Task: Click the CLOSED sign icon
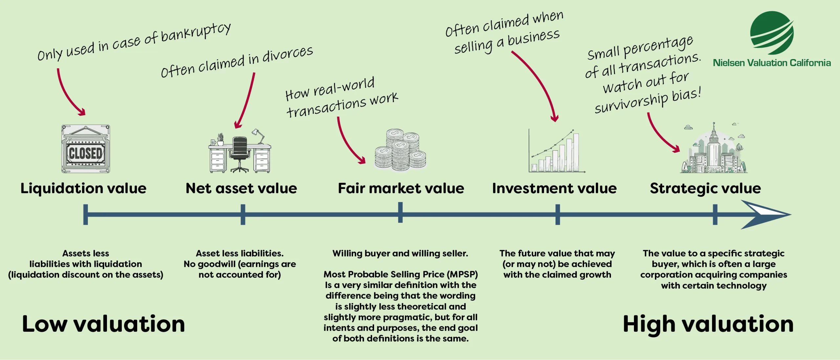pyautogui.click(x=86, y=149)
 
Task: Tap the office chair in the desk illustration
pyautogui.click(x=240, y=153)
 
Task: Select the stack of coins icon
pyautogui.click(x=401, y=150)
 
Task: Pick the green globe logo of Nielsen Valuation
pyautogui.click(x=772, y=33)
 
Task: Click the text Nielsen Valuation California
pyautogui.click(x=772, y=63)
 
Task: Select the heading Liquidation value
pyautogui.click(x=83, y=188)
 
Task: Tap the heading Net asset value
pyautogui.click(x=241, y=188)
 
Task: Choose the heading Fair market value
pyautogui.click(x=401, y=188)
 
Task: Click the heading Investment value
pyautogui.click(x=554, y=188)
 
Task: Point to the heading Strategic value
pyautogui.click(x=705, y=188)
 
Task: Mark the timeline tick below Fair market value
pyautogui.click(x=400, y=213)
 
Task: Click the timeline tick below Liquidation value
pyautogui.click(x=86, y=214)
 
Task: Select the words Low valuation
pyautogui.click(x=104, y=324)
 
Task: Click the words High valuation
pyautogui.click(x=708, y=324)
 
